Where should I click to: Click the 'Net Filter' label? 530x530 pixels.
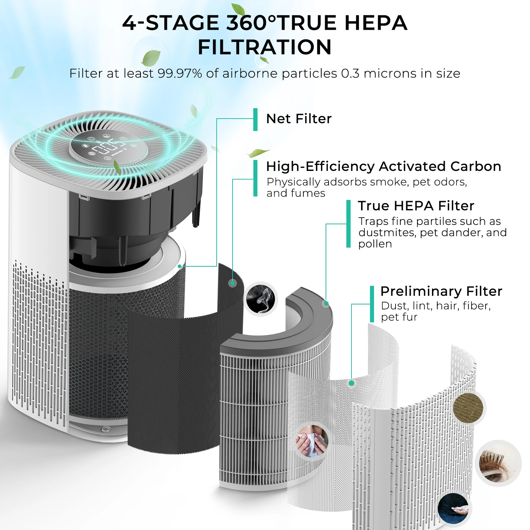(x=298, y=119)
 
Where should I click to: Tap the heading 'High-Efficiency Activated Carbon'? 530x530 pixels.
(x=383, y=166)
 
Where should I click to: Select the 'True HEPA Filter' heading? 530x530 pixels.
(x=416, y=206)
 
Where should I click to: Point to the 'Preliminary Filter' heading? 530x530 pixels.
(x=441, y=291)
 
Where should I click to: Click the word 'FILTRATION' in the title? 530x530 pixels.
(x=265, y=47)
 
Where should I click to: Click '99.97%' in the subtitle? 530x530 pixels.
(x=180, y=73)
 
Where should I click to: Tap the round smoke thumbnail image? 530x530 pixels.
(x=261, y=299)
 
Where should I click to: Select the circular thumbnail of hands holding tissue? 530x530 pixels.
(x=312, y=441)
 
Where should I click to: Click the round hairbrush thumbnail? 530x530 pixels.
(x=498, y=463)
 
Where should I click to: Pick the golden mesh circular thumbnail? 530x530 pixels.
(x=468, y=408)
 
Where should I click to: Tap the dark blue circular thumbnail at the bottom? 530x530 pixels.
(x=453, y=508)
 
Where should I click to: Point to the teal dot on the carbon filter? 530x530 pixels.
(x=233, y=283)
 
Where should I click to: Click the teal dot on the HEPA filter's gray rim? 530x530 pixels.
(x=326, y=303)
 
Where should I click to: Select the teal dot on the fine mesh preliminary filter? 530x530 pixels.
(x=351, y=383)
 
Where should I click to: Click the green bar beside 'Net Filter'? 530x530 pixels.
(x=255, y=119)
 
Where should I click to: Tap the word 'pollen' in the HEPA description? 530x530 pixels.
(x=375, y=244)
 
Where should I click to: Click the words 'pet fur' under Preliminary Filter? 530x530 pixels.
(x=399, y=317)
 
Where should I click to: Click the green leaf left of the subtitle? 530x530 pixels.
(x=17, y=72)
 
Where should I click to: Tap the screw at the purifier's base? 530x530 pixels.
(x=105, y=429)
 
